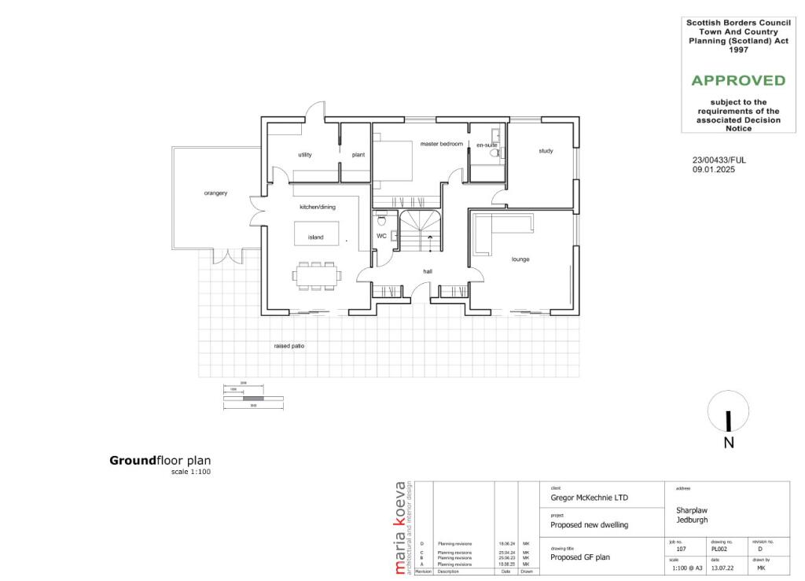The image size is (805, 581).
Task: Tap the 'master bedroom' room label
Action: point(441,145)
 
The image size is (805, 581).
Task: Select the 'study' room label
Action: point(546,151)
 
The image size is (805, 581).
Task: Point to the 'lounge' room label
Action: point(520,258)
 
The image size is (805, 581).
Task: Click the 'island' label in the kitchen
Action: point(315,237)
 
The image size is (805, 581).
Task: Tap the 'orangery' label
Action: point(215,193)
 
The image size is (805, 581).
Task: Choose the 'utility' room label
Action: point(305,155)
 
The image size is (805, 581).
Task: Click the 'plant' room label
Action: point(358,155)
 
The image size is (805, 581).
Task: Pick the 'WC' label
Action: point(381,235)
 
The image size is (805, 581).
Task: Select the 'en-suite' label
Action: point(487,145)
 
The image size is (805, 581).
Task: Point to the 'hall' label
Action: point(428,271)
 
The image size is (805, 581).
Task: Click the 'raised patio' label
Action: point(289,345)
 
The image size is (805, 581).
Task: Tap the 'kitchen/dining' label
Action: point(318,208)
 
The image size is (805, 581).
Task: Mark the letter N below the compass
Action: point(729,443)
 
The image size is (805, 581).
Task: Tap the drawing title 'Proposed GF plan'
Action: point(580,557)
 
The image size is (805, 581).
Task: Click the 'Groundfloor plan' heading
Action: point(160,461)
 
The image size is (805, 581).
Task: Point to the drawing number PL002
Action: point(719,550)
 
